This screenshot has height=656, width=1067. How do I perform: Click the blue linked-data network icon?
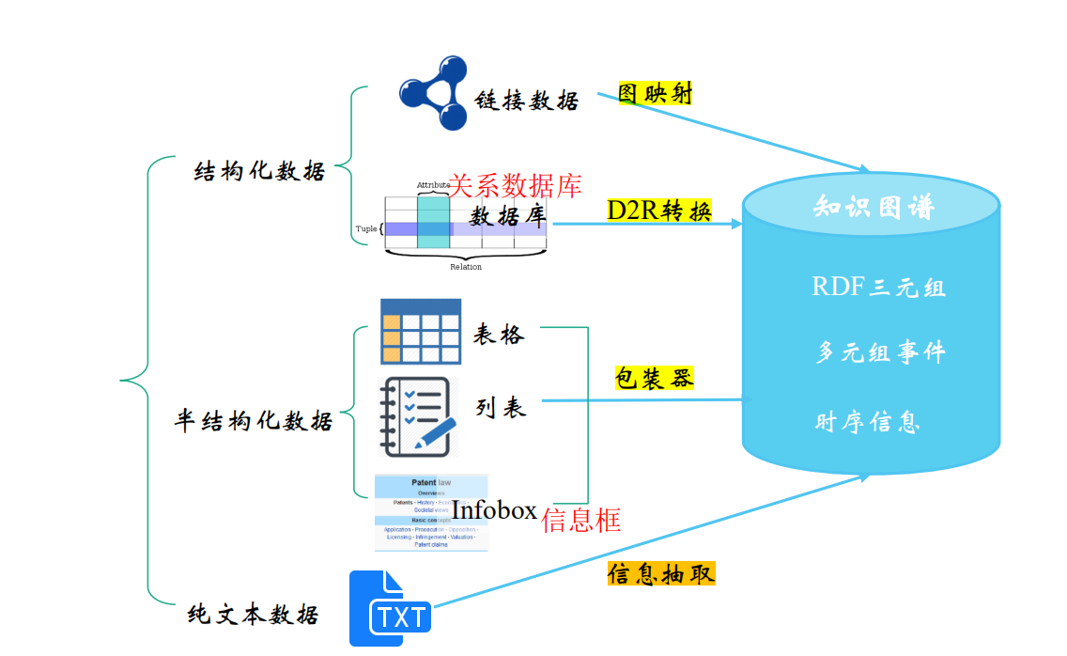433,92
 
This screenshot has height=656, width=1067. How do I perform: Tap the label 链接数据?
527,101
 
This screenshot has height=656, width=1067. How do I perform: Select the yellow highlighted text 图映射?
655,92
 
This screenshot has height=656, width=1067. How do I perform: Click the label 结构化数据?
259,171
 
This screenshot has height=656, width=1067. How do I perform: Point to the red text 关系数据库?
515,185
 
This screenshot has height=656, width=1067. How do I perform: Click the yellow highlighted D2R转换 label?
659,211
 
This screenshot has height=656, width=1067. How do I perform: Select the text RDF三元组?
878,287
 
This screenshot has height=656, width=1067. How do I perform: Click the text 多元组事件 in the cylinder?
880,353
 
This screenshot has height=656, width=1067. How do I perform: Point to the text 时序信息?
867,422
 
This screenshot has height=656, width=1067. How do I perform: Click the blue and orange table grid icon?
420,331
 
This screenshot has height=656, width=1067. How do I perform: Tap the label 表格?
499,335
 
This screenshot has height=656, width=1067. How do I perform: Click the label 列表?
501,407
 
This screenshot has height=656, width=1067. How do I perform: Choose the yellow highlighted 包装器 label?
654,378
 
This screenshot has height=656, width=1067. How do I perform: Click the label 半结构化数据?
254,420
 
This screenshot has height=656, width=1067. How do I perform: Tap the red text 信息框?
580,520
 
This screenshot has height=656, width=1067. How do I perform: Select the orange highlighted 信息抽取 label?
660,573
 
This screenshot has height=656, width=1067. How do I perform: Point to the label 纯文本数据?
253,615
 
